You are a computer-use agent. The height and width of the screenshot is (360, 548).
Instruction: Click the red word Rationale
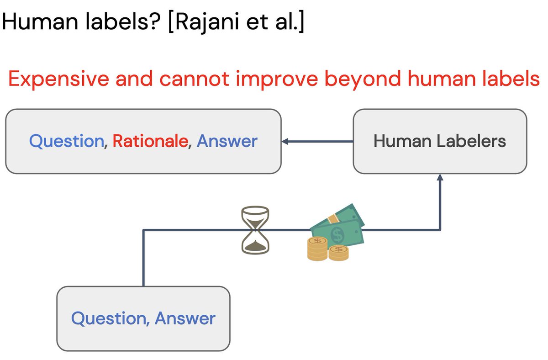coord(150,141)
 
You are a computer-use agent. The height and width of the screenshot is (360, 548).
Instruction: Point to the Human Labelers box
coord(440,141)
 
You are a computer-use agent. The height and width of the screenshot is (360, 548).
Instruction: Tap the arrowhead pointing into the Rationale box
coord(285,142)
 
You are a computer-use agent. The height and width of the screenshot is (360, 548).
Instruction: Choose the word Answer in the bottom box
coord(185,318)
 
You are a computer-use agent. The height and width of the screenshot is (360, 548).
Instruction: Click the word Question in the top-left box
coord(67,141)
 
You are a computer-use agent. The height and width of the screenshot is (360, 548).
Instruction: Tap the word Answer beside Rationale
coord(227,141)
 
